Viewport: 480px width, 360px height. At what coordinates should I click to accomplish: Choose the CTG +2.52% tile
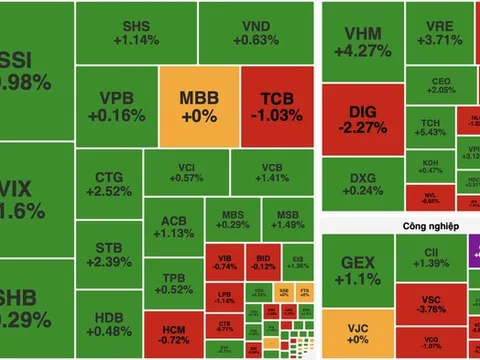click(x=110, y=184)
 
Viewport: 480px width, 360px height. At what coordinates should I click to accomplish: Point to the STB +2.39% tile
click(x=110, y=255)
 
